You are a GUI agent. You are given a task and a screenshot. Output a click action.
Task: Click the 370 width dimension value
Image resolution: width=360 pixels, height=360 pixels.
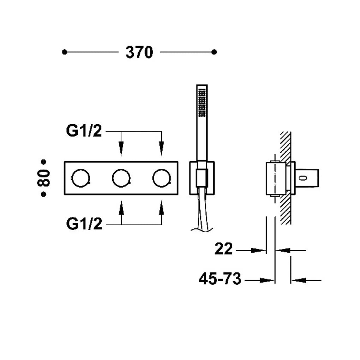(x=139, y=52)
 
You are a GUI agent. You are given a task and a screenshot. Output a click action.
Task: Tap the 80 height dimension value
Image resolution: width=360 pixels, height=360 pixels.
(x=43, y=178)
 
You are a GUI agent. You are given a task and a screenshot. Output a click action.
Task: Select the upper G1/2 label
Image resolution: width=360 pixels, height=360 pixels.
(x=84, y=131)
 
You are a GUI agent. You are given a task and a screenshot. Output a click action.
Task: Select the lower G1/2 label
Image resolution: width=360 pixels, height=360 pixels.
(x=84, y=224)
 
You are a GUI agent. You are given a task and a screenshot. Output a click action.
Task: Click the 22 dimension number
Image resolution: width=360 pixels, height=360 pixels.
(x=223, y=248)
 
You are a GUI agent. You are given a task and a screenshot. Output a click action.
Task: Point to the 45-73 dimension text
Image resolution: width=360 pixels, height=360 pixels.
(x=220, y=279)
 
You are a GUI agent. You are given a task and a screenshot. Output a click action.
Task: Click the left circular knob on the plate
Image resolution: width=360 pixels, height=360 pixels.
(x=80, y=178)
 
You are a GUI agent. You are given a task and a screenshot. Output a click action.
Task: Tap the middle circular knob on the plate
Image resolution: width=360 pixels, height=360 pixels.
(x=121, y=178)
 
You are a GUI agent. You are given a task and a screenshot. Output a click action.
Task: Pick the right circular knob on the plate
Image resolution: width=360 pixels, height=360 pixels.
(x=162, y=178)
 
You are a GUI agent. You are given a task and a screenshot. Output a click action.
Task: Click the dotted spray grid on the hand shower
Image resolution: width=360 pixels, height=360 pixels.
(x=202, y=103)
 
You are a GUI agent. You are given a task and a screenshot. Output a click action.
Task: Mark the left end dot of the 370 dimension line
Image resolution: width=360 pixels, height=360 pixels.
(x=65, y=52)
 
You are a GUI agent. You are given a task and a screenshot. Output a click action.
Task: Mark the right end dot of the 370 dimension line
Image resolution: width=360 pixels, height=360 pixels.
(x=214, y=52)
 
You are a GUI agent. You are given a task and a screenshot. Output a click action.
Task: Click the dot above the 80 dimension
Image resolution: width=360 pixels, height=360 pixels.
(x=43, y=162)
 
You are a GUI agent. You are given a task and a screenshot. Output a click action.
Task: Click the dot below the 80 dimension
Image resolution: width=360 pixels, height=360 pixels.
(x=43, y=194)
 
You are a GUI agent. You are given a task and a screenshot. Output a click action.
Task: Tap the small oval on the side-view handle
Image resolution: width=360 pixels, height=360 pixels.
(x=304, y=178)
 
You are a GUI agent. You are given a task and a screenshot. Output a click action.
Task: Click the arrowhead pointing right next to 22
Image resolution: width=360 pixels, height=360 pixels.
(x=258, y=251)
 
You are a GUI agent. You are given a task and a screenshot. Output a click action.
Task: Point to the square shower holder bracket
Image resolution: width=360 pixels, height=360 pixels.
(x=202, y=178)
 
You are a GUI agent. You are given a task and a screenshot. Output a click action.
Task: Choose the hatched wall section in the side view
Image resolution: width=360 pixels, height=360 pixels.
(x=286, y=178)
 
